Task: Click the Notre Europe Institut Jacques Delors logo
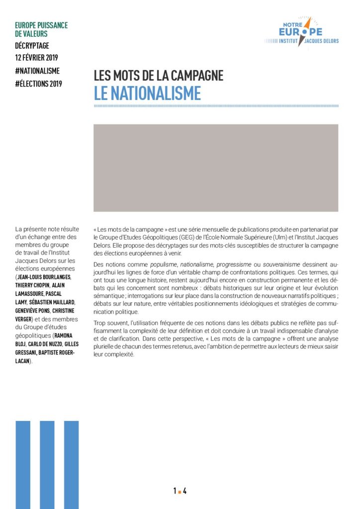pyautogui.click(x=301, y=32)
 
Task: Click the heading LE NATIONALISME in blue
pyautogui.click(x=147, y=93)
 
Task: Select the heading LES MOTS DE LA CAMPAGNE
pyautogui.click(x=158, y=76)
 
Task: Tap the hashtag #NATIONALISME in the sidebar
pyautogui.click(x=38, y=71)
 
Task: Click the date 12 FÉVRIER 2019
pyautogui.click(x=37, y=58)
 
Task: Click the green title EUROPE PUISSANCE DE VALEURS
pyautogui.click(x=41, y=29)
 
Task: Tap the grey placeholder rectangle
pyautogui.click(x=216, y=168)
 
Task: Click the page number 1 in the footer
pyautogui.click(x=175, y=491)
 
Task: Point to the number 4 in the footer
pyautogui.click(x=185, y=491)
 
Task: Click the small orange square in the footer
pyautogui.click(x=180, y=492)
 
